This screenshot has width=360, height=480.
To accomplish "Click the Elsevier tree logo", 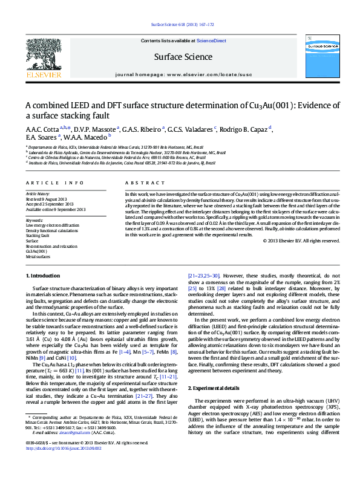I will tap(43, 57).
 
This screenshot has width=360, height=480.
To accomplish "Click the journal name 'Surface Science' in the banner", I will tap(183, 57).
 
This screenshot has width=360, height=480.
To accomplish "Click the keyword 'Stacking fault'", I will tap(38, 235).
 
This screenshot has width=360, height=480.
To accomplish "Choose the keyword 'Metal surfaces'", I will tap(38, 256).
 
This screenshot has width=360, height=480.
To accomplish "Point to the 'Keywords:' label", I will tap(35, 220).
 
